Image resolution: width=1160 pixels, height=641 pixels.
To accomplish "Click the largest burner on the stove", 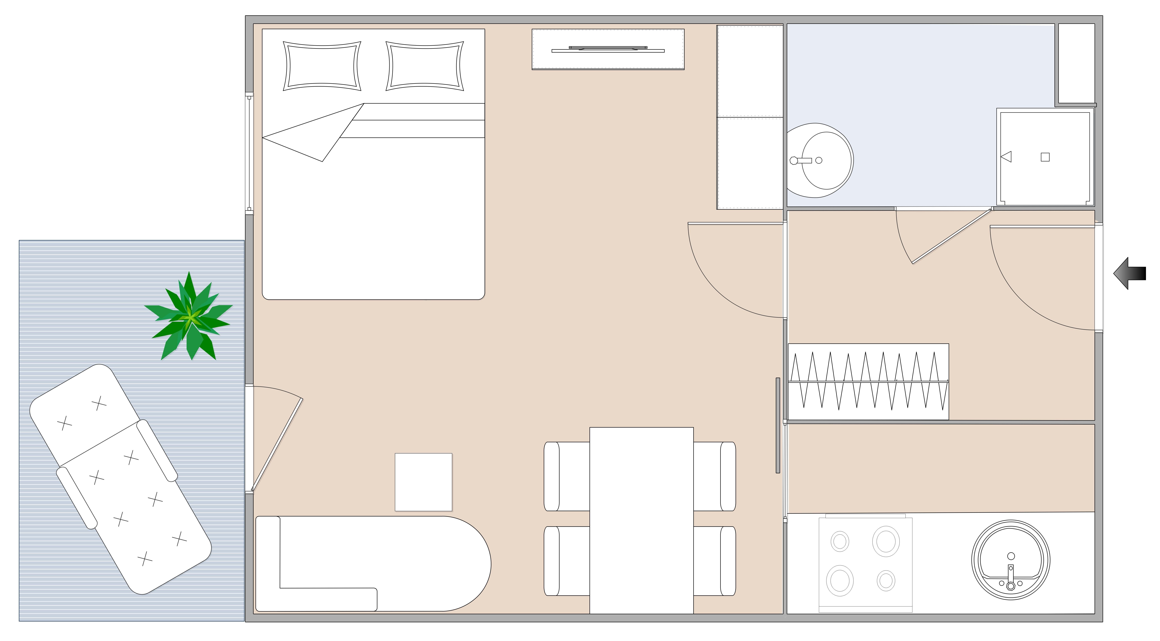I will (886, 541).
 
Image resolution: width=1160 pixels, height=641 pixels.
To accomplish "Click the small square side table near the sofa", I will (423, 482).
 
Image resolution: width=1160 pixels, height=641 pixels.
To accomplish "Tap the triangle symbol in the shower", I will (1006, 157).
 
